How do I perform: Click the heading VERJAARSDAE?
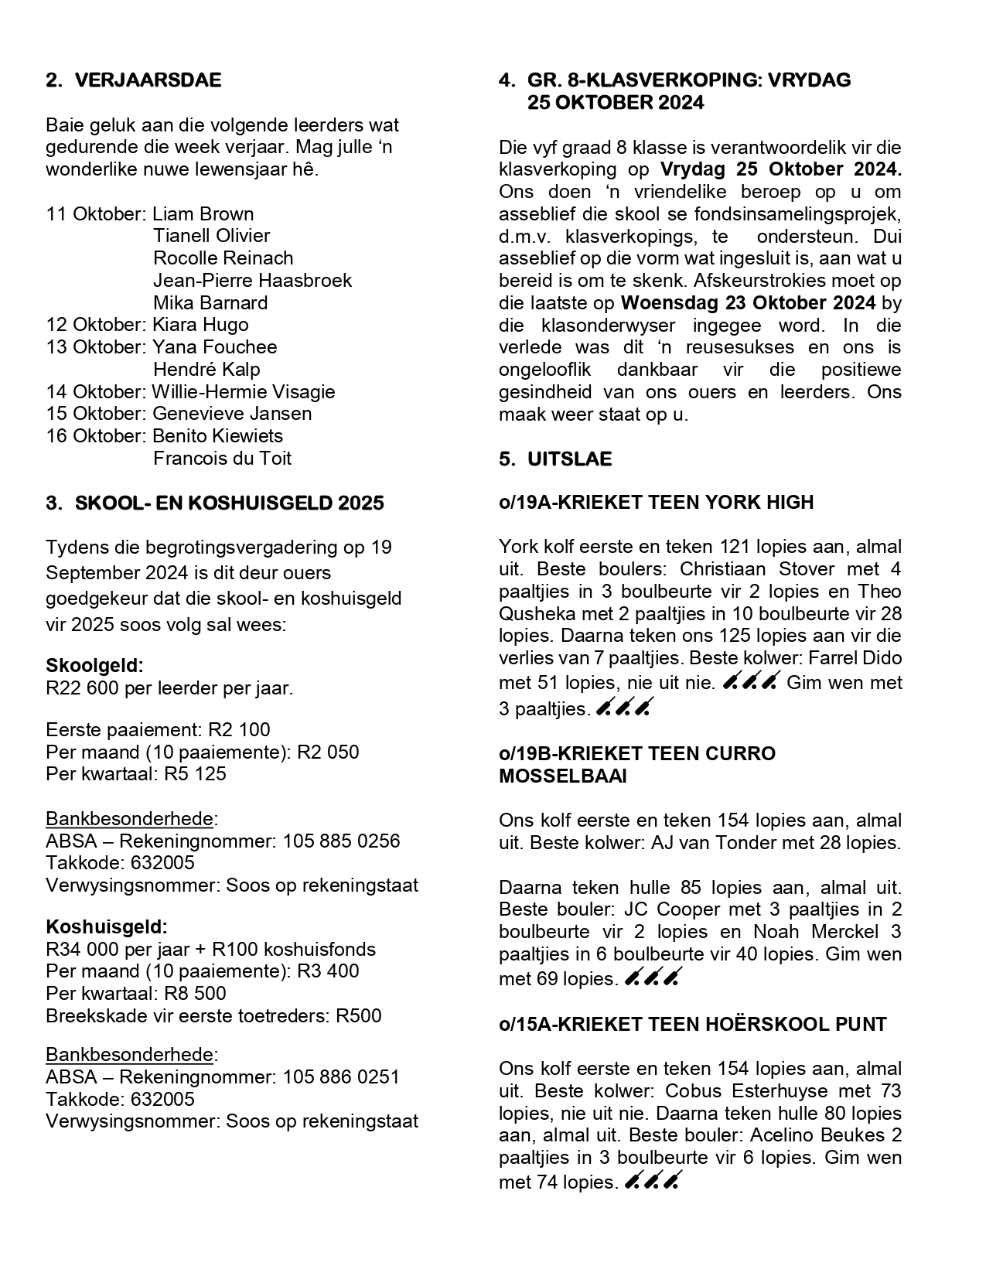[x=148, y=80]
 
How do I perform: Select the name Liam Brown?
[x=203, y=214]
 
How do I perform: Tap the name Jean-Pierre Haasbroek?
[x=252, y=280]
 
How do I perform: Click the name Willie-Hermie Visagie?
[x=244, y=391]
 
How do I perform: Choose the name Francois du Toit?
[x=222, y=459]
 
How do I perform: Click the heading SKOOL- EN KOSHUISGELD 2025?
[x=229, y=503]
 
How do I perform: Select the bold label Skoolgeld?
[x=94, y=666]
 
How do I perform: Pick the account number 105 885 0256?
[x=341, y=841]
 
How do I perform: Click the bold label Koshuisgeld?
[x=107, y=926]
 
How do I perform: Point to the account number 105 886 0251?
[x=341, y=1077]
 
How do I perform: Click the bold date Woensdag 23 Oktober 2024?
[x=748, y=302]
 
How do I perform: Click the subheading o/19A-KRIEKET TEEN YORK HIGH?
[x=656, y=503]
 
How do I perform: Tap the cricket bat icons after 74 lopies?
[x=650, y=1182]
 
